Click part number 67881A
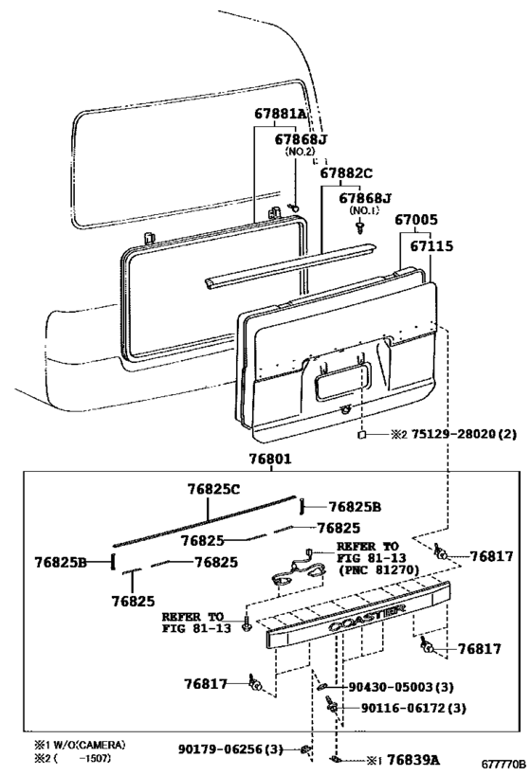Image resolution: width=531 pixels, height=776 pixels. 281,114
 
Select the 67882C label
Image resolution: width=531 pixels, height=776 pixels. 346,173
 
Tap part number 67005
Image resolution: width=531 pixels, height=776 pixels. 416,220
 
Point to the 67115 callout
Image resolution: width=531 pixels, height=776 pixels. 431,246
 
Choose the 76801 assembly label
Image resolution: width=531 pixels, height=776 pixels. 270,460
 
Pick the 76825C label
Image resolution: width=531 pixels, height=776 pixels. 213,489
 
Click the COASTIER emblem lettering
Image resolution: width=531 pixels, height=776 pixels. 367,616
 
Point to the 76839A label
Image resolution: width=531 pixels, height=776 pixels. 413,760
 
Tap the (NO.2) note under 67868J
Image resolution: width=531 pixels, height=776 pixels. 300,152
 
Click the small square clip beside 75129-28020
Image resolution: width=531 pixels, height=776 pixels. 362,435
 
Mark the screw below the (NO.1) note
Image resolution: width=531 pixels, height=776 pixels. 359,227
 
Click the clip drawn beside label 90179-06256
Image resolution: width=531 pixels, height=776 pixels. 305,749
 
